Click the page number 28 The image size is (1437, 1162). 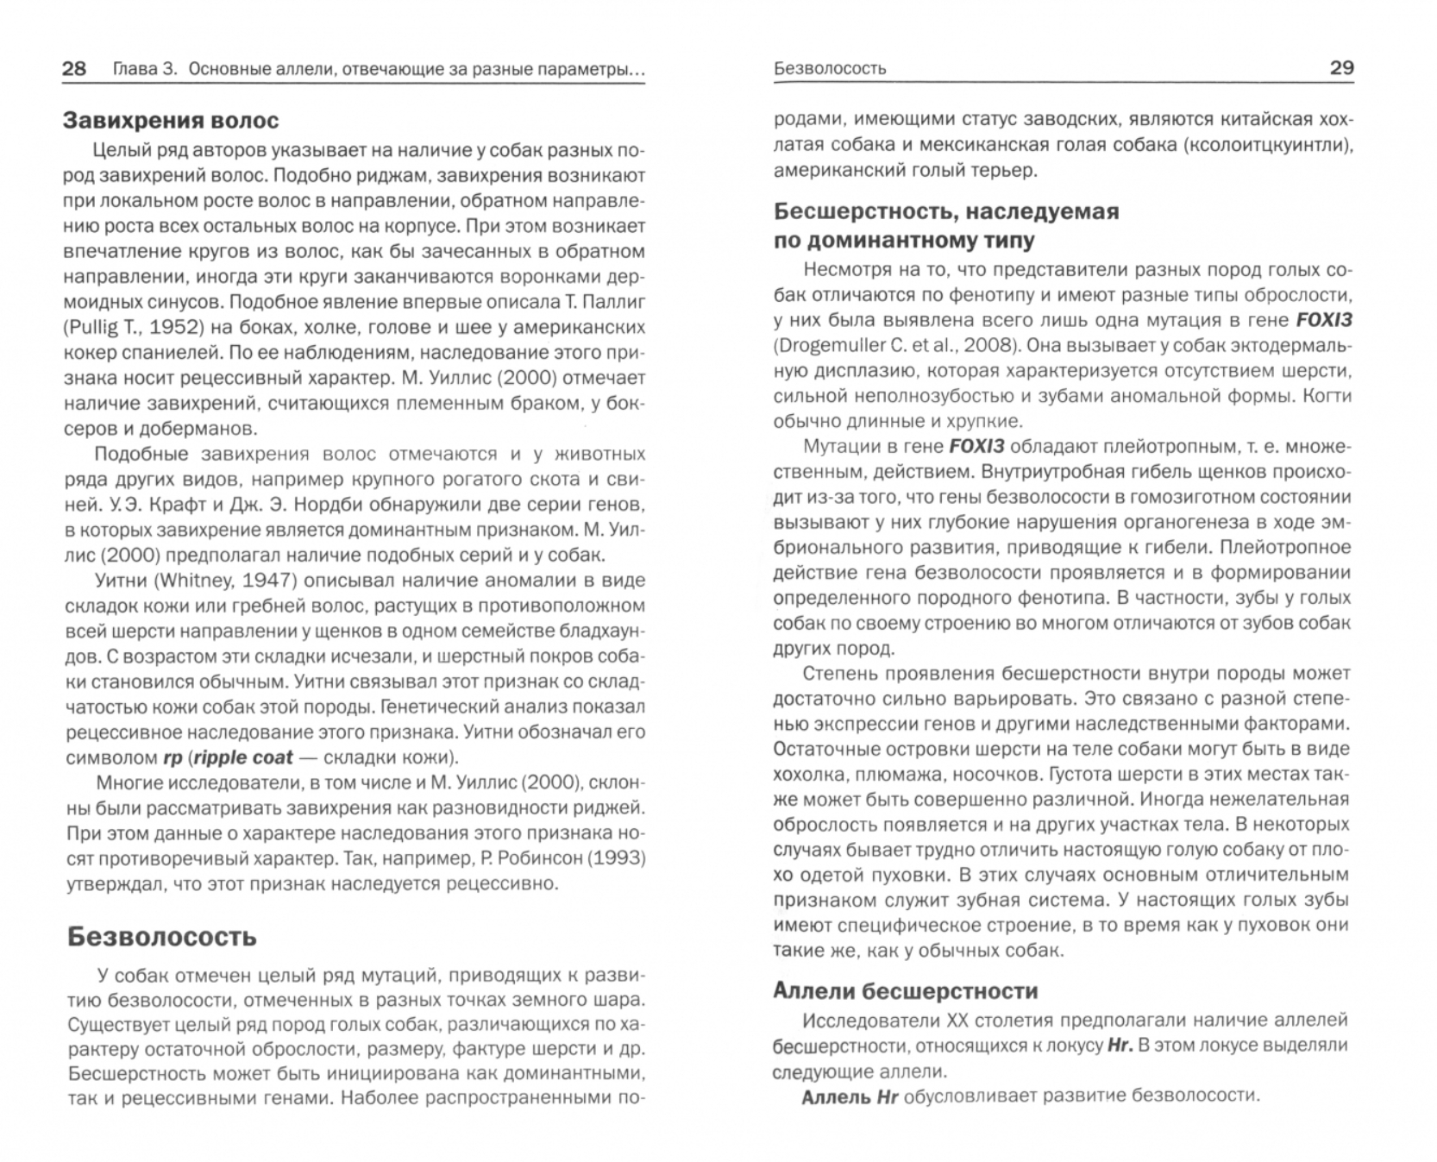74,68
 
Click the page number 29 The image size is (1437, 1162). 1341,67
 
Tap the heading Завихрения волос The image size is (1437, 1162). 171,120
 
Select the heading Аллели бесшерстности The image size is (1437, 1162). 905,990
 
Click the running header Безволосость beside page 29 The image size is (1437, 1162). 830,68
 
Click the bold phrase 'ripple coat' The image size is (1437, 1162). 244,757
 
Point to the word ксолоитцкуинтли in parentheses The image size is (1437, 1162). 1268,144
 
